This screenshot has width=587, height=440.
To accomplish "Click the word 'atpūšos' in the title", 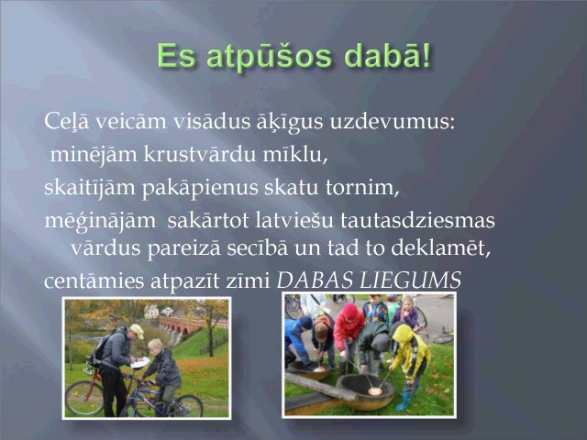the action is click(269, 57).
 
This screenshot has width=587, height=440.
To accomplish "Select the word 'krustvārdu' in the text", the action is click(200, 155).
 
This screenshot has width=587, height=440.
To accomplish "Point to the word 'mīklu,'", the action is click(295, 155).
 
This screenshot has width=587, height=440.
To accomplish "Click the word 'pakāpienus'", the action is click(200, 188).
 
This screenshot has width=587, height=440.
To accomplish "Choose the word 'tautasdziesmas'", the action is click(417, 220).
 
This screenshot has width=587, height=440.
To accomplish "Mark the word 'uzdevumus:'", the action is click(393, 122).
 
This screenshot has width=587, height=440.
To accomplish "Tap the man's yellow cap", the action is click(138, 331).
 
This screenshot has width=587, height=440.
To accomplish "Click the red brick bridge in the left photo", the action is click(181, 325).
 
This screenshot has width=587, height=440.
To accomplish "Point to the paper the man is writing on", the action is click(140, 362).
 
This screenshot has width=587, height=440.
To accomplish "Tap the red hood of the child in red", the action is click(350, 312).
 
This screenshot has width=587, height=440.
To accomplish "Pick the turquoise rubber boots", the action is click(404, 401).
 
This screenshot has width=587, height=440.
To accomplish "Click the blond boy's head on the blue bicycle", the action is click(155, 346).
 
